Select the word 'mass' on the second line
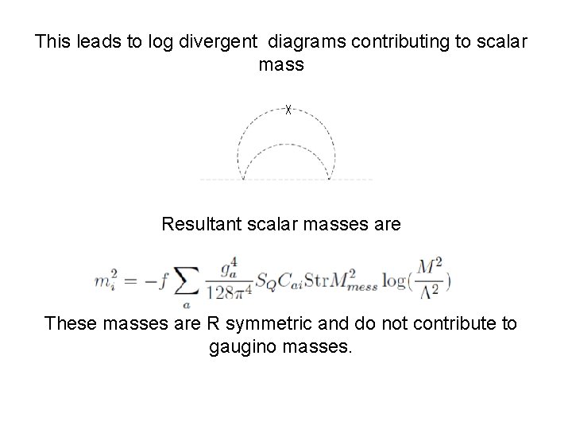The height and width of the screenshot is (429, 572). tap(281, 65)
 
